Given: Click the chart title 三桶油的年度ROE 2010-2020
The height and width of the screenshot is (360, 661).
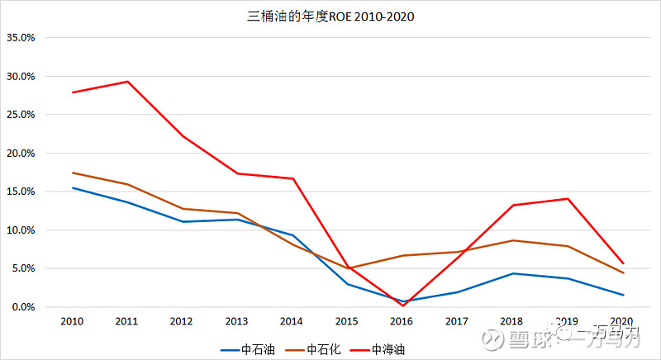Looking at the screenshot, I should [330, 16].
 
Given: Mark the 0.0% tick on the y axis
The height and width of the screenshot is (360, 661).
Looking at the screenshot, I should [22, 307].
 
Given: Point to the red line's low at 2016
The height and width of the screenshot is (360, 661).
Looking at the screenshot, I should [403, 306].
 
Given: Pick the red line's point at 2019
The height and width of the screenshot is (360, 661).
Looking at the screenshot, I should [568, 198].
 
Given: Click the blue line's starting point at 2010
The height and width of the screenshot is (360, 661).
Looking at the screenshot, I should [73, 187].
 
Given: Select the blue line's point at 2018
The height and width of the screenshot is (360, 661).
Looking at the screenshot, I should [513, 273].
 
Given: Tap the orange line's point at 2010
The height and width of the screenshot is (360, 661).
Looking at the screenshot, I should [73, 173].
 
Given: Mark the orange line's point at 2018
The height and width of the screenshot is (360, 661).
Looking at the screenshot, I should [513, 240].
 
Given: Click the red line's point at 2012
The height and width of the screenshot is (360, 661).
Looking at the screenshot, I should [183, 136].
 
